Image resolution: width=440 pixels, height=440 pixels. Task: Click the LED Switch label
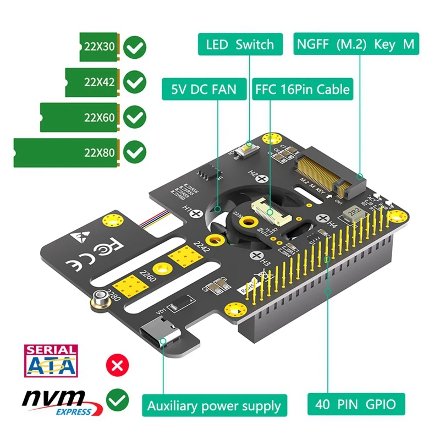(x=240, y=44)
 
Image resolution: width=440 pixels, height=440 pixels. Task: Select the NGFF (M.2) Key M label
(x=356, y=44)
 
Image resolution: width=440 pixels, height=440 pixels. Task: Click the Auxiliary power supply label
(x=214, y=406)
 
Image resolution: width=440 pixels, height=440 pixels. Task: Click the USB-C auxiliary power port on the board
(x=163, y=334)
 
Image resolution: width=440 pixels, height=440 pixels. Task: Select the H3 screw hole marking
(x=256, y=256)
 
